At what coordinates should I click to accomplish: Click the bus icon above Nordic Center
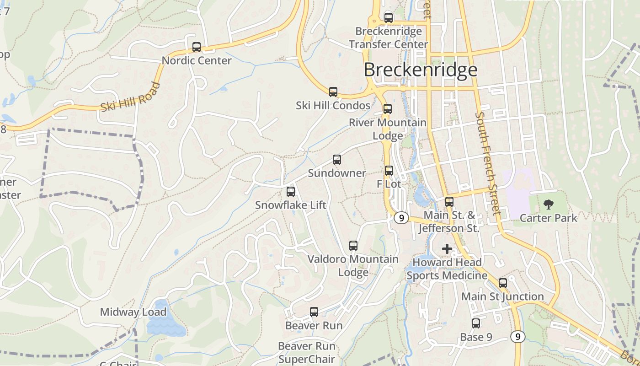pos(197,47)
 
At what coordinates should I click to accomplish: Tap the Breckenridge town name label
pos(421,70)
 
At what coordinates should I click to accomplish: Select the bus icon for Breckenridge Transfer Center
pos(389,18)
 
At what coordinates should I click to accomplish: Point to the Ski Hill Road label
pos(131,97)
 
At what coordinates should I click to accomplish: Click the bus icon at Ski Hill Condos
pos(333,92)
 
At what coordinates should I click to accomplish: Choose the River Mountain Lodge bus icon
pos(388,109)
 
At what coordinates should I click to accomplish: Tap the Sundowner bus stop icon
pos(337,160)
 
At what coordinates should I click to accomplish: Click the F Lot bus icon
pos(389,171)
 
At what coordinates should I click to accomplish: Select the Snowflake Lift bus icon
pos(291,192)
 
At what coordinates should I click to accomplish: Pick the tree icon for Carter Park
pos(548,205)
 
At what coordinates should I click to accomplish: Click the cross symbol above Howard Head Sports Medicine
pos(447,249)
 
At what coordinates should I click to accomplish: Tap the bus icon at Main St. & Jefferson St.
pos(449,202)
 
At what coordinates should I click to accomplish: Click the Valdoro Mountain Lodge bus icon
pos(353,246)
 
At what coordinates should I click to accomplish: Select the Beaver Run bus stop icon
pos(314,312)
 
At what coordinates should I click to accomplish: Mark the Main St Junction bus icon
pos(503,283)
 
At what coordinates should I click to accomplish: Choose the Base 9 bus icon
pos(476,323)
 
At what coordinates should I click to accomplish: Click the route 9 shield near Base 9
pos(517,337)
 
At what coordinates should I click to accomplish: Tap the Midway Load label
pos(133,312)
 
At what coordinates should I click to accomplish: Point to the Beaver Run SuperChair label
pos(307,353)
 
